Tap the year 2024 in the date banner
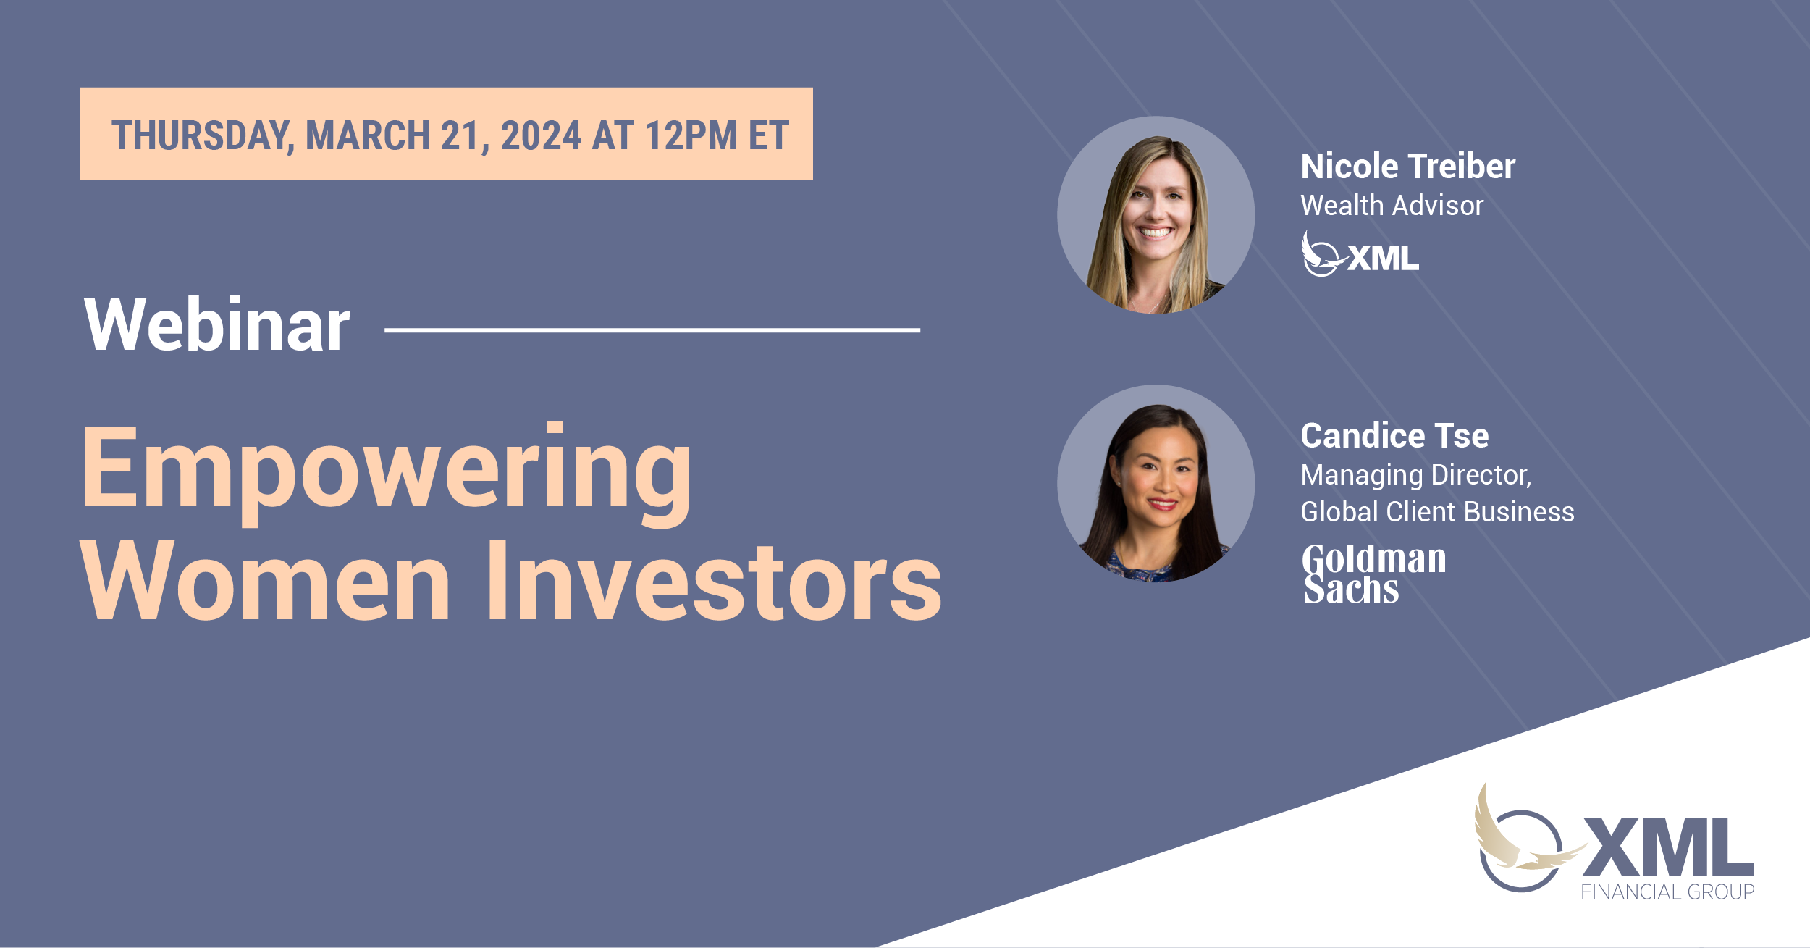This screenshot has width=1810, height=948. (540, 136)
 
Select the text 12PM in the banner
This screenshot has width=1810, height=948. (690, 136)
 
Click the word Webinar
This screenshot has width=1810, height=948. (217, 325)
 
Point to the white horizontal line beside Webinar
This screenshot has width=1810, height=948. (652, 330)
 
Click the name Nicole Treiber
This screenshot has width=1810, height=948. (1407, 167)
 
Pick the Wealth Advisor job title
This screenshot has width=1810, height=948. (1392, 206)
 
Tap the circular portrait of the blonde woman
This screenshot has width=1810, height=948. (1156, 215)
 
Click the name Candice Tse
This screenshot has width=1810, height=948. (1394, 436)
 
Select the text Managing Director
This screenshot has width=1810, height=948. (1415, 475)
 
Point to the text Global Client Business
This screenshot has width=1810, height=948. (1437, 512)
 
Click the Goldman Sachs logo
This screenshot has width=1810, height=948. (1373, 574)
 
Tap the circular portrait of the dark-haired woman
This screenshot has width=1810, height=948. (1156, 484)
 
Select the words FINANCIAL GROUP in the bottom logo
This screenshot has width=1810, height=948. (1667, 892)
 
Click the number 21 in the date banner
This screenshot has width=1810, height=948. (461, 136)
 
